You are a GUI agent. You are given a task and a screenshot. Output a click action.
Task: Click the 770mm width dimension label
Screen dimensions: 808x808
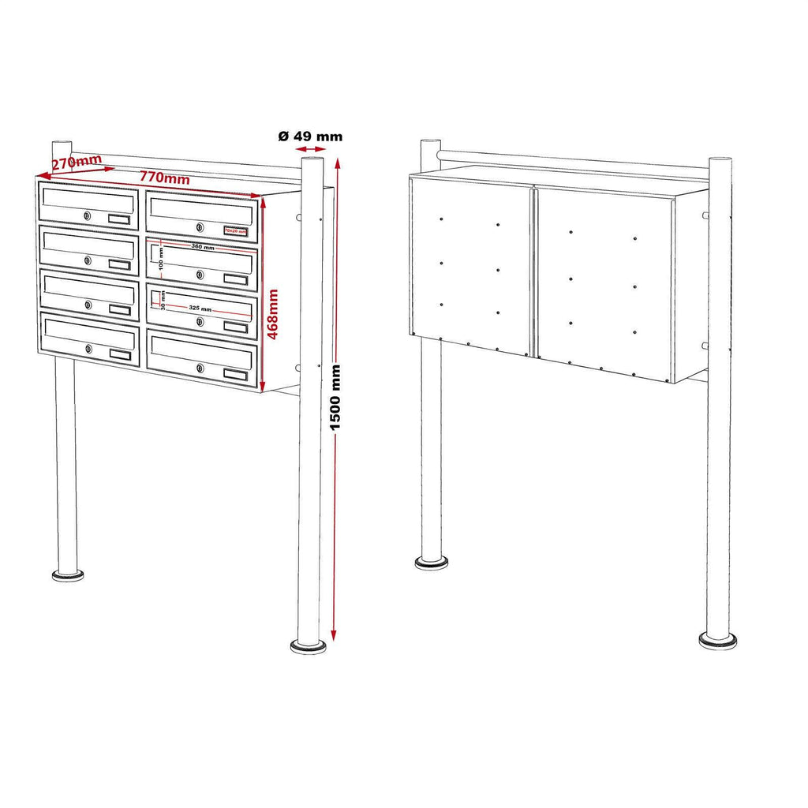coord(165,178)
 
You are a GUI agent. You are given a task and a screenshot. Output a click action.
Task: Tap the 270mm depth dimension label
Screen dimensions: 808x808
coord(77,163)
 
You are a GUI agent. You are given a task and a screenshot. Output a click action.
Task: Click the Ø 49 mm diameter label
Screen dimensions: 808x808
coord(311,136)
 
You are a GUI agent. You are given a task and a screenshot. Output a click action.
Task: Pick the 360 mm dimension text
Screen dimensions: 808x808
coord(203,248)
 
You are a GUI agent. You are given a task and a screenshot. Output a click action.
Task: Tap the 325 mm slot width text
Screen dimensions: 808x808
coord(201,309)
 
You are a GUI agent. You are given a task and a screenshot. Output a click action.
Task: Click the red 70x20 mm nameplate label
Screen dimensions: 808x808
coord(235,231)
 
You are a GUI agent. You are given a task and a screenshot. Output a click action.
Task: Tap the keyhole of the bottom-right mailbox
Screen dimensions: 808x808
coord(200,368)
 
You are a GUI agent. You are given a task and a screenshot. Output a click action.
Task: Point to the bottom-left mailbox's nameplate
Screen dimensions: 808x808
coord(121,356)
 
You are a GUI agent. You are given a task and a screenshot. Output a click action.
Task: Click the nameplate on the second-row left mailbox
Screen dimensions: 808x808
coord(120,265)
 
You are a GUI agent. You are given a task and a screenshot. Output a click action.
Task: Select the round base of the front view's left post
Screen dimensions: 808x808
coord(69,575)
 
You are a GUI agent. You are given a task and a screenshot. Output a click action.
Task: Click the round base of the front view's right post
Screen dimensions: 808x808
coord(309,646)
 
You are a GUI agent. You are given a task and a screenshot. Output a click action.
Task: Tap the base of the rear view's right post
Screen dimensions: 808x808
coord(717,640)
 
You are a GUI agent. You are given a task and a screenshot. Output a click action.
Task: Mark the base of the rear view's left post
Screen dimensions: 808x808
coord(432,563)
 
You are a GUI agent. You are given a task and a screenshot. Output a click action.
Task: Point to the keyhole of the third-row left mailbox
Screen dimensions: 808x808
coord(88,305)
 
